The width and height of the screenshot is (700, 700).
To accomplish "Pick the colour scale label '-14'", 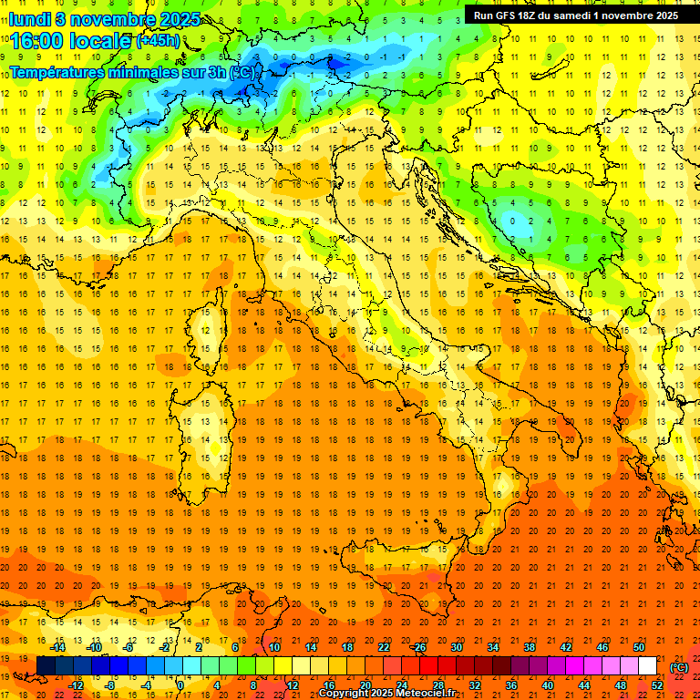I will click(x=57, y=647).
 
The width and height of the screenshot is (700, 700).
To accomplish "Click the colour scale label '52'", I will click(x=657, y=685).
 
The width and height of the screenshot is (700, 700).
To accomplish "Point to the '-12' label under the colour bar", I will click(x=76, y=685).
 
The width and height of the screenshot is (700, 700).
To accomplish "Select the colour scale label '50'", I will click(x=639, y=647).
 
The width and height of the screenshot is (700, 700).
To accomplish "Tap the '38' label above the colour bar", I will click(x=529, y=647).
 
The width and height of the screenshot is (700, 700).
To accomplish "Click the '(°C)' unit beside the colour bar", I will click(x=679, y=666).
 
